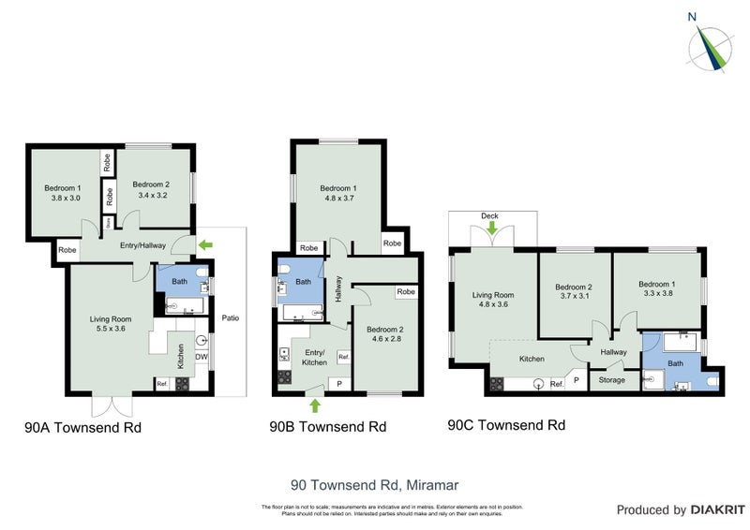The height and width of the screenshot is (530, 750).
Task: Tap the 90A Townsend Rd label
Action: pyautogui.click(x=82, y=428)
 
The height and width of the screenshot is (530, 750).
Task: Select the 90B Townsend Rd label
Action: pyautogui.click(x=327, y=427)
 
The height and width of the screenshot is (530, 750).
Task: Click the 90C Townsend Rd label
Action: pyautogui.click(x=506, y=424)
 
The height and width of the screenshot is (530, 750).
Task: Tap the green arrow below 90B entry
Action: pyautogui.click(x=314, y=405)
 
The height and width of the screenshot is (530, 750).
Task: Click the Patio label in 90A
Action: pyautogui.click(x=231, y=317)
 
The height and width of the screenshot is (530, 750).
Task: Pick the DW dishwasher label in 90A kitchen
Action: pyautogui.click(x=201, y=356)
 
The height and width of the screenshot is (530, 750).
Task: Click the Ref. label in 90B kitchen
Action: pyautogui.click(x=343, y=357)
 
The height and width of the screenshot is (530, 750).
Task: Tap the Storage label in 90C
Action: pyautogui.click(x=612, y=380)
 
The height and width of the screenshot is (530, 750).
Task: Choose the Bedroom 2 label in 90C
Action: pyautogui.click(x=574, y=291)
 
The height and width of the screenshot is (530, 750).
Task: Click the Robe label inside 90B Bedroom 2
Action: pyautogui.click(x=405, y=292)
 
